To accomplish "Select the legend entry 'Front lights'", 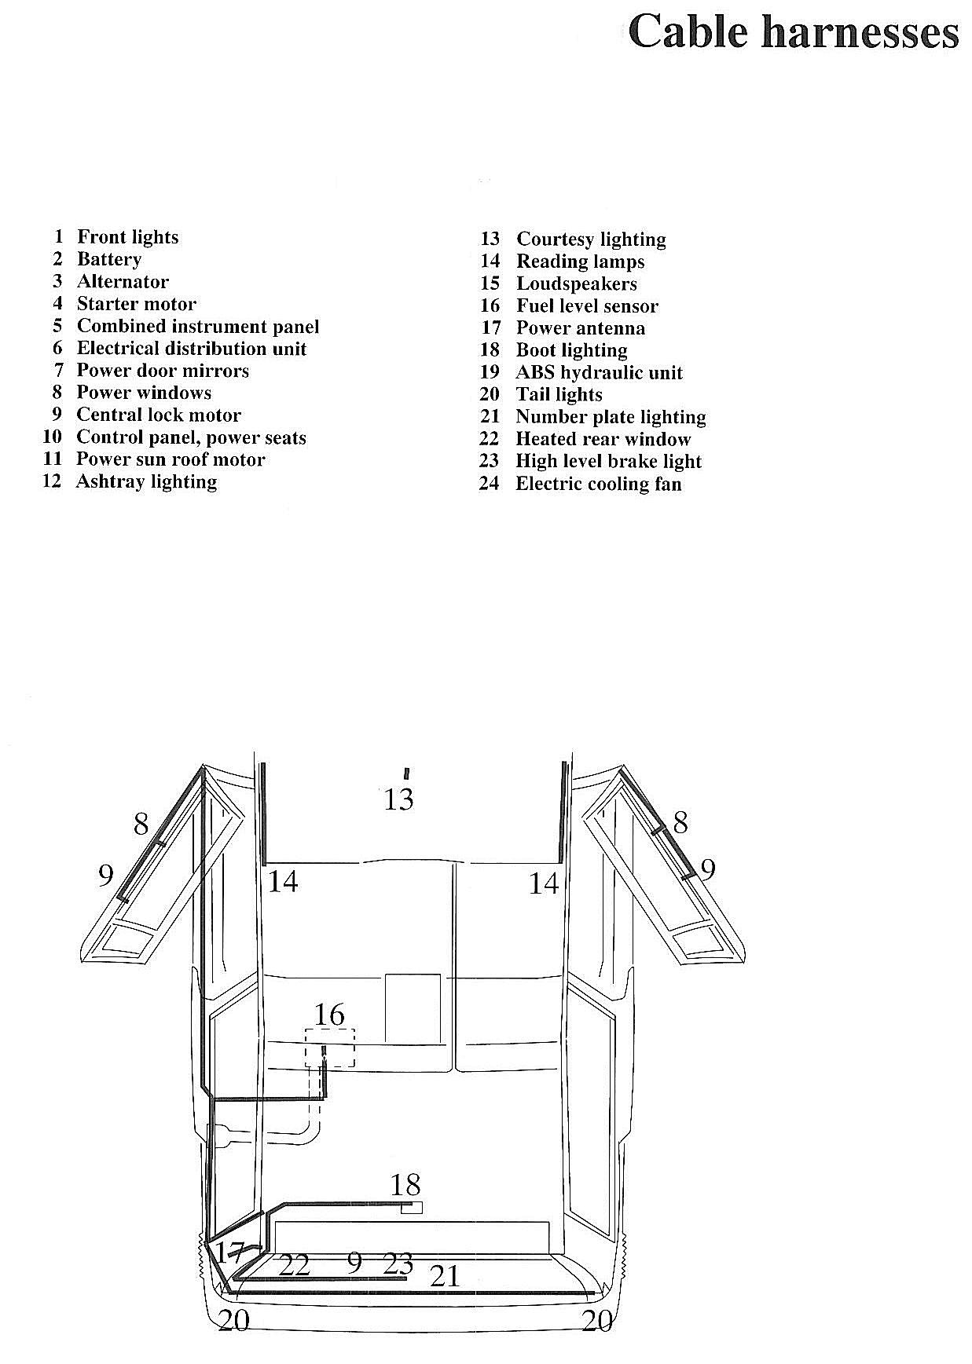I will [127, 237].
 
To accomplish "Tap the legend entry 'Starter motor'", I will [136, 304].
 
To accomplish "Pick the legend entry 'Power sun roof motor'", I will [171, 459].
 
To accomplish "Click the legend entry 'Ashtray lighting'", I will [146, 481].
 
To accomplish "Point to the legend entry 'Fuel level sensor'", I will [587, 306].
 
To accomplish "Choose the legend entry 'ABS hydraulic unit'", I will [599, 372].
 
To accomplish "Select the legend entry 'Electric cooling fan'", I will [598, 484].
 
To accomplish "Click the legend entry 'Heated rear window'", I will [603, 439].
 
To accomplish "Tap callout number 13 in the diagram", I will [398, 799].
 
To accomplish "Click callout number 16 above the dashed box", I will [329, 1015].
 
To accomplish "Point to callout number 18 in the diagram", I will [405, 1184].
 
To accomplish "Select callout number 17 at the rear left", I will [230, 1252].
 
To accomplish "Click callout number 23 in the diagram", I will [398, 1263].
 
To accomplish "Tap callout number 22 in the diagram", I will [295, 1265].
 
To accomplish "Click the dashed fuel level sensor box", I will [331, 1048].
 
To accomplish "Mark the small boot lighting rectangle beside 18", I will [412, 1208].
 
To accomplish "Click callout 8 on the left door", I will [141, 824].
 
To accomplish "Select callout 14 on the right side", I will [543, 883].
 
